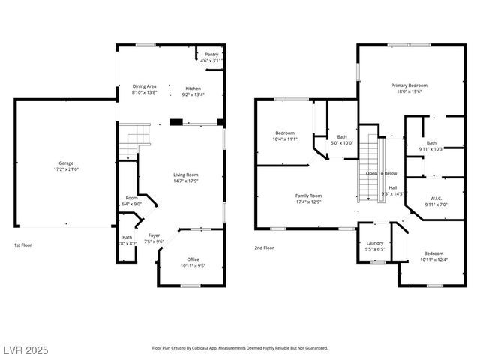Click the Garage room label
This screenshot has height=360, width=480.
pyautogui.click(x=67, y=163)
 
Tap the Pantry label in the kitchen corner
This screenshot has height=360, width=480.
pyautogui.click(x=212, y=54)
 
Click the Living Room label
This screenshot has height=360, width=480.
pyautogui.click(x=186, y=174)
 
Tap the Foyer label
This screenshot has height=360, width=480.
pyautogui.click(x=154, y=235)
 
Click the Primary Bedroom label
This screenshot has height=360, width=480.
pyautogui.click(x=409, y=85)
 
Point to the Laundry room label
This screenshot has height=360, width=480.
pyautogui.click(x=375, y=243)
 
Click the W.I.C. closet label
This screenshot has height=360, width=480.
pyautogui.click(x=435, y=199)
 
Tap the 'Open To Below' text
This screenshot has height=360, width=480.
pyautogui.click(x=381, y=173)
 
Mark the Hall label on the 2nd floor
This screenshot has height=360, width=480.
pyautogui.click(x=392, y=187)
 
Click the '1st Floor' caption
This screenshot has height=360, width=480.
pyautogui.click(x=23, y=245)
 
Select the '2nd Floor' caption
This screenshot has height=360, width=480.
pyautogui.click(x=264, y=247)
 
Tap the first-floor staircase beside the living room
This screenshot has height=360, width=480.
pyautogui.click(x=135, y=140)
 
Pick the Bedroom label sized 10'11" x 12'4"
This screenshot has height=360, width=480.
pyautogui.click(x=433, y=253)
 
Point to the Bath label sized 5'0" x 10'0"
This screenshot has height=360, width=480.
pyautogui.click(x=342, y=136)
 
